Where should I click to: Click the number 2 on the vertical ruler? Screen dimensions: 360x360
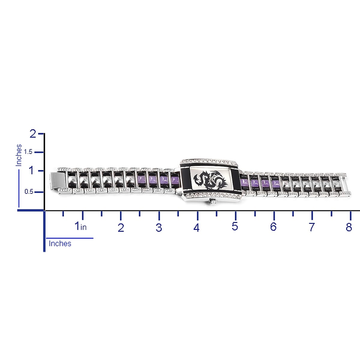(33, 134)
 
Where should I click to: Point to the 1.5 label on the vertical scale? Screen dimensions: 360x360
(28, 152)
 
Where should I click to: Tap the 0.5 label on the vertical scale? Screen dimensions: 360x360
(29, 192)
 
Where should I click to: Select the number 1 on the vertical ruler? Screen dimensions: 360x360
(32, 171)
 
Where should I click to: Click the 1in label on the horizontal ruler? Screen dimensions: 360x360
(81, 226)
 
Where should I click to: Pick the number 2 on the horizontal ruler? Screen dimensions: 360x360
(121, 228)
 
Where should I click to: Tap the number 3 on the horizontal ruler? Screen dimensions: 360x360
(159, 228)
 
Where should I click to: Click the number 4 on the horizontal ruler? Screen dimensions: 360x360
(196, 228)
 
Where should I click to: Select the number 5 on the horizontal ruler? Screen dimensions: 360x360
(235, 226)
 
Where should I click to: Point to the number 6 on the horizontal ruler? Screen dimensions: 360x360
(273, 226)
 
